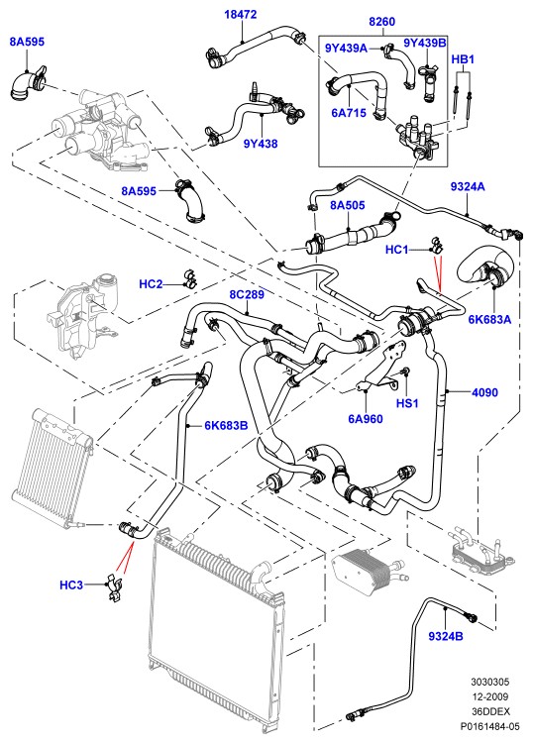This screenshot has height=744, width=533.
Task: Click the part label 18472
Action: pos(241,14)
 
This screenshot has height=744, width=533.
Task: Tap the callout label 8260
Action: pos(381,22)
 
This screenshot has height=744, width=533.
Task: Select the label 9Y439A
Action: pos(346,48)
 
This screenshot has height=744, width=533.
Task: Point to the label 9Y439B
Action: pos(425,43)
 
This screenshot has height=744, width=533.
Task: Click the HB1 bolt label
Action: pos(463,59)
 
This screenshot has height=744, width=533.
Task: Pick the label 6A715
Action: pos(349,113)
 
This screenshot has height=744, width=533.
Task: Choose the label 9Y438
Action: pos(261,144)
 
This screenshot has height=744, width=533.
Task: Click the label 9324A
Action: pos(468,186)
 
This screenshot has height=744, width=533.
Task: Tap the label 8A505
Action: pos(348,205)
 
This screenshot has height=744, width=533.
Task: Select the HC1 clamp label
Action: pos(397,250)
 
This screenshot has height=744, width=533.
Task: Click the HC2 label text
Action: pos(151,284)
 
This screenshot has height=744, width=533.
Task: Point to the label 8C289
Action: pos(247,294)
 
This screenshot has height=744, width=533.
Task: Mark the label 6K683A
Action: pos(489,319)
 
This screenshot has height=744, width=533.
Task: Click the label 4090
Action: pos(484,392)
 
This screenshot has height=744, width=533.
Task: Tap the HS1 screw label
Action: pos(408,403)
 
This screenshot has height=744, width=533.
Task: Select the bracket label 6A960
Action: pos(366,418)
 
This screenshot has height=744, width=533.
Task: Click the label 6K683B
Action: pos(227,426)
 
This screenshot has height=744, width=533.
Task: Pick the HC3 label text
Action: pos(71,585)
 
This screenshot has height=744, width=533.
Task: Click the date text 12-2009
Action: pos(490,696)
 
